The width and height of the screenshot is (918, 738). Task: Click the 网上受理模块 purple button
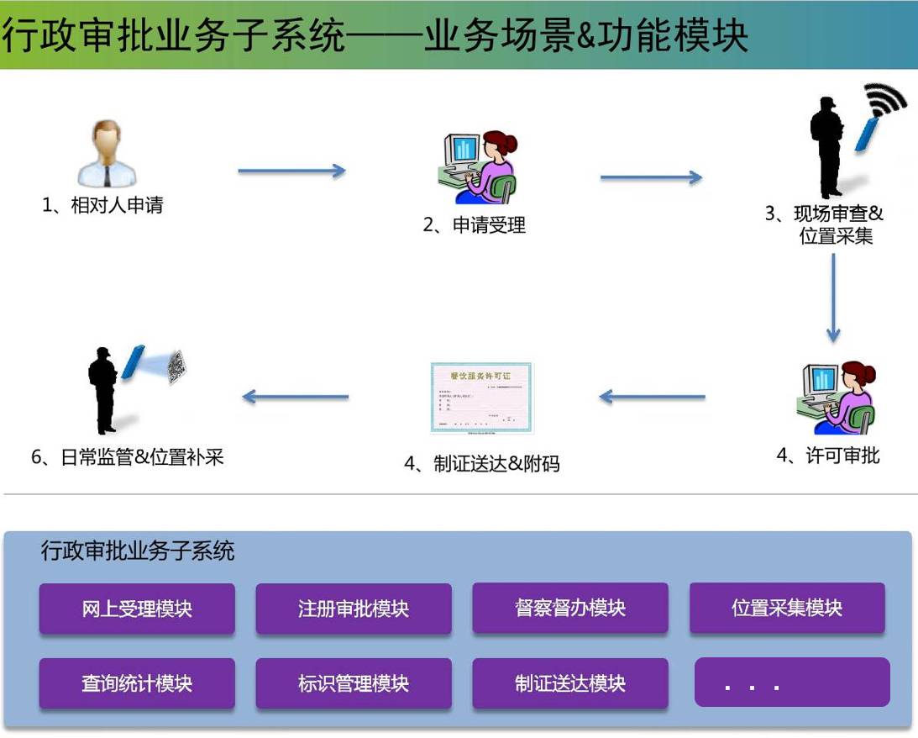137,609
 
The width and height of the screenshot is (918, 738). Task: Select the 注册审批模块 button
354,609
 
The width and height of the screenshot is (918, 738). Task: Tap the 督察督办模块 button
570,608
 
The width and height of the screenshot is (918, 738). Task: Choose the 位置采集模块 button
787,608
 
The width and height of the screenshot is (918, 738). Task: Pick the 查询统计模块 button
137,683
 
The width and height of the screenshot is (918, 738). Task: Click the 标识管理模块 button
354,683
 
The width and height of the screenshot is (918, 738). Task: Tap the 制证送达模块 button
570,683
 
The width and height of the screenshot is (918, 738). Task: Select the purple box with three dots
792,683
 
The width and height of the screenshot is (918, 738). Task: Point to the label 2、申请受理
474,225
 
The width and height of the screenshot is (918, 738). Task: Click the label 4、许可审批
827,456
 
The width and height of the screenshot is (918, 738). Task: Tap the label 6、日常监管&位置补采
128,458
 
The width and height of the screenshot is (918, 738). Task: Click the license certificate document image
481,398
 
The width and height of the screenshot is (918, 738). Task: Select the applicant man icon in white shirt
107,153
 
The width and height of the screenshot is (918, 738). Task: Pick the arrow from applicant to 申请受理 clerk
291,171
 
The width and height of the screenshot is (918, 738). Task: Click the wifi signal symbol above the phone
887,99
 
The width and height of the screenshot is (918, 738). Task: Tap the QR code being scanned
176,367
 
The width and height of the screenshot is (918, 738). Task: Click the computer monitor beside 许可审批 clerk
819,381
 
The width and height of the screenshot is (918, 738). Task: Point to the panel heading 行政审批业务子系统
138,551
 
